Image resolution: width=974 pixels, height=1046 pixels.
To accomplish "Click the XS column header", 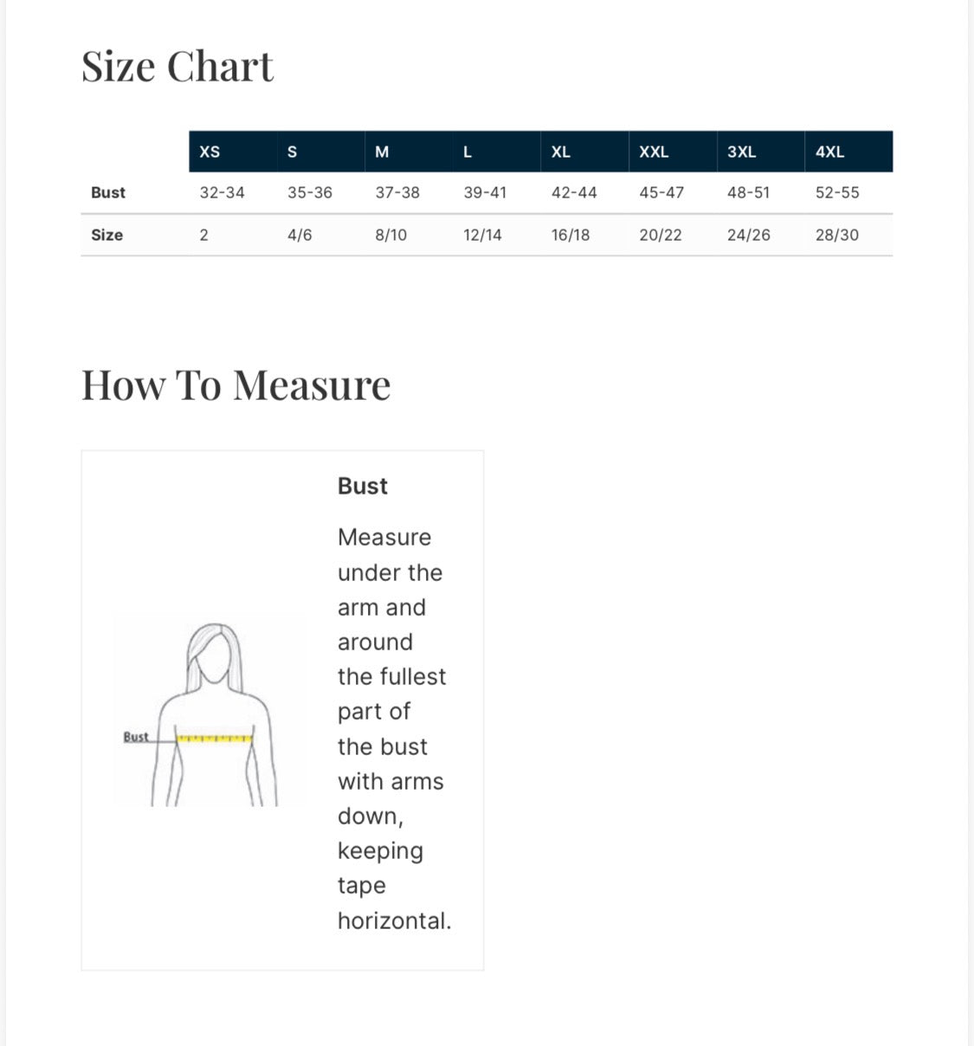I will (x=210, y=152).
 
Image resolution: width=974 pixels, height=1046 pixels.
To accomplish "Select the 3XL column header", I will (x=741, y=152).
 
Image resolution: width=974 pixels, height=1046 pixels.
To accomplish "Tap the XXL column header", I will (x=654, y=152).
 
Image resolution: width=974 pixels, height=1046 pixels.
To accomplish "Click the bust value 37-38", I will (x=397, y=192).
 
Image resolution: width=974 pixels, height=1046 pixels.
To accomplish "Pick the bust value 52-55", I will (x=837, y=192).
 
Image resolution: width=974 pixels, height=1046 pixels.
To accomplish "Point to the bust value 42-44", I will (x=574, y=192).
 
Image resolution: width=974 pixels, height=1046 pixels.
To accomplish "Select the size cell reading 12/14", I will (x=482, y=235).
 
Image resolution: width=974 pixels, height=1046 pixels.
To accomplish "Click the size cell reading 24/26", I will (x=748, y=235).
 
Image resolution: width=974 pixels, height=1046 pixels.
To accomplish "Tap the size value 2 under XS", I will (x=204, y=235).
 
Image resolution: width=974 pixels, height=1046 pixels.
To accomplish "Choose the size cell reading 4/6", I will (x=300, y=235).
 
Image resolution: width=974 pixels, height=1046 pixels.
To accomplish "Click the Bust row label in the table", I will (x=108, y=192).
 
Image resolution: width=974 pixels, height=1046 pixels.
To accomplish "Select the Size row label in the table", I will (x=107, y=235).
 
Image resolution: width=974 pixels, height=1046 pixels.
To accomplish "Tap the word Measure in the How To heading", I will (x=312, y=385).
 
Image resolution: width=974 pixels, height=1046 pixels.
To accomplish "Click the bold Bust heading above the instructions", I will (x=363, y=486).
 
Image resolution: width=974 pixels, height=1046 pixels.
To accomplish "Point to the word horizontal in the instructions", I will (x=394, y=920).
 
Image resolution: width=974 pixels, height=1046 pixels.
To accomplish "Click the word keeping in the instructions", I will (x=380, y=851).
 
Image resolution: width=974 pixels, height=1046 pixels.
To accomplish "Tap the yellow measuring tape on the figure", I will (x=215, y=739).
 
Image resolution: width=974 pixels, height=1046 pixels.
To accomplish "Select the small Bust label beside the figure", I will (x=136, y=737).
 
